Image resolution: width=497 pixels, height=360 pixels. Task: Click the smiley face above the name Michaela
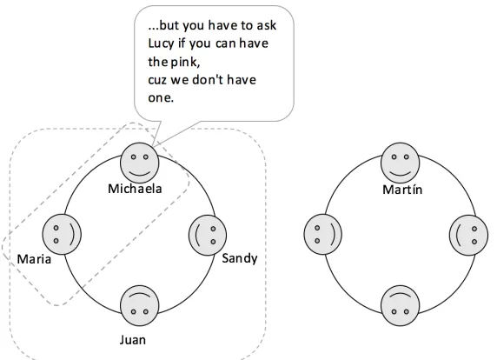coord(140,163)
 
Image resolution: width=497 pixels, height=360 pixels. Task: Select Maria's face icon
coord(62,235)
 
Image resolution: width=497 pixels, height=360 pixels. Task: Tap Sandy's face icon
coord(208,235)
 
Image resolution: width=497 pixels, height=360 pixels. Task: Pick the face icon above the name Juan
coord(140,306)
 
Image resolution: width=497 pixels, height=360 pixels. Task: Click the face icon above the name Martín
coord(400,163)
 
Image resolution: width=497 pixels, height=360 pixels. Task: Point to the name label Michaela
coord(135,189)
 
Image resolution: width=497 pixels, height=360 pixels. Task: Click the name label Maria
coord(34,259)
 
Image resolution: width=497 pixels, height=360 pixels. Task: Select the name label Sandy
coord(240,259)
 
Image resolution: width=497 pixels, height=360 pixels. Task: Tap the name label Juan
coord(133,340)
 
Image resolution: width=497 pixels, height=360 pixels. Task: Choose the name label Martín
coord(402,190)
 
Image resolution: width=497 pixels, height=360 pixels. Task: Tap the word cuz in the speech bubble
coord(157,80)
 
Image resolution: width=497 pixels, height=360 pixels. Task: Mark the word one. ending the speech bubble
coord(161,98)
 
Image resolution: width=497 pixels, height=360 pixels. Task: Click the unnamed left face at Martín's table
coord(322,235)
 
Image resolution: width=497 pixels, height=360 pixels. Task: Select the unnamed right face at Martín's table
coord(468,235)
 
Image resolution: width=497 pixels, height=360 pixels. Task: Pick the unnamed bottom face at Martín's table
coord(400,306)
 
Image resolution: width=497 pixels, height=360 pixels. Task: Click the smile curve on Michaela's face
coord(140,174)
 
